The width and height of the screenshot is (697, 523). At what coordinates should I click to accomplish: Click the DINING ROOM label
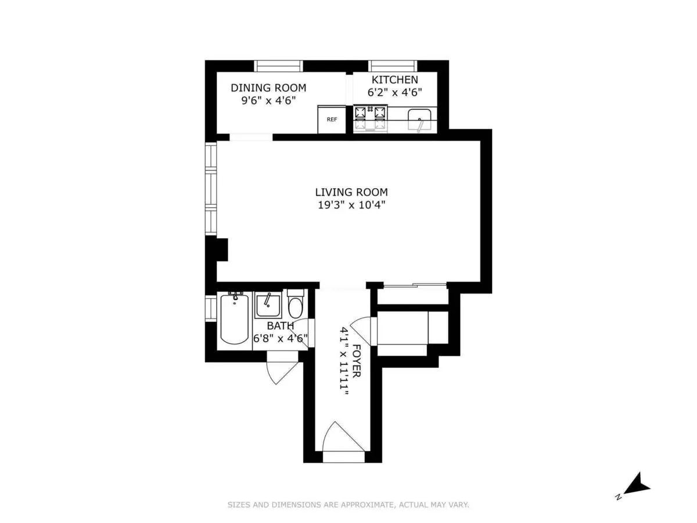tap(268, 88)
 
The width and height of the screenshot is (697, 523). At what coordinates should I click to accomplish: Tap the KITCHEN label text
tap(394, 80)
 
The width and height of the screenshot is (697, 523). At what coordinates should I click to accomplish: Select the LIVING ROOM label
tap(351, 192)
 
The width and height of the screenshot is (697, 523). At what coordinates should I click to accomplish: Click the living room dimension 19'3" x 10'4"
tap(351, 205)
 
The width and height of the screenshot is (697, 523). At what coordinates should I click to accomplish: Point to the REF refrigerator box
tap(332, 119)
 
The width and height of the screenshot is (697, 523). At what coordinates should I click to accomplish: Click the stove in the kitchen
tap(371, 118)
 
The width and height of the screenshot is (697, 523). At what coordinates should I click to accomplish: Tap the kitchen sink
tap(419, 120)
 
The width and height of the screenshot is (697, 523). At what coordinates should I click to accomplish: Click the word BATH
tap(281, 326)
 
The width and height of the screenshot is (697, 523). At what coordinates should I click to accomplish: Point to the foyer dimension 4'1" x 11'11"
tap(344, 362)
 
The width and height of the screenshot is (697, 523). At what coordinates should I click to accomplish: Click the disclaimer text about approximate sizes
tap(348, 505)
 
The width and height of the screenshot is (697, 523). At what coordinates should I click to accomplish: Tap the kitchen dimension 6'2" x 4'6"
tap(394, 92)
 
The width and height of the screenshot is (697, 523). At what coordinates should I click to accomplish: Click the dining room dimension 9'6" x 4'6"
tap(268, 100)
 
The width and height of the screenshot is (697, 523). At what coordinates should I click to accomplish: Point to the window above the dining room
tap(279, 66)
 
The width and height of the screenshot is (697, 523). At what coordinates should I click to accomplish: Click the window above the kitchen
tap(392, 66)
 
